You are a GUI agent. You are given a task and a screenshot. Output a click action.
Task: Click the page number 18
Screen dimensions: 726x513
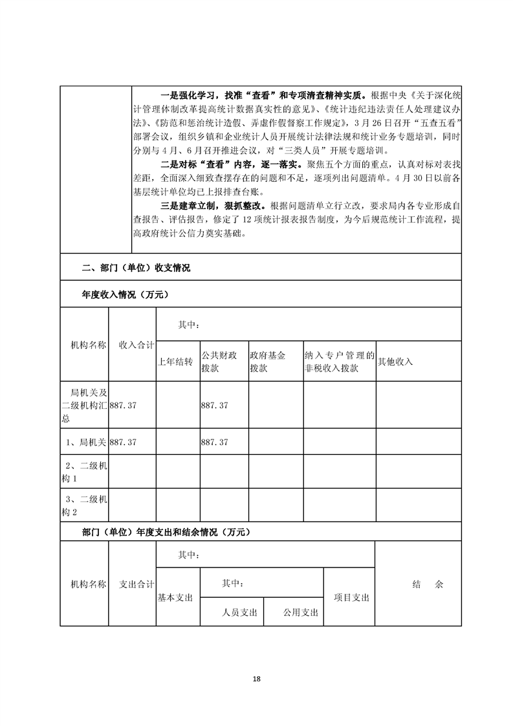point(257,679)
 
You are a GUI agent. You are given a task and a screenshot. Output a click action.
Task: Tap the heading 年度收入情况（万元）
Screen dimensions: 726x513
point(125,295)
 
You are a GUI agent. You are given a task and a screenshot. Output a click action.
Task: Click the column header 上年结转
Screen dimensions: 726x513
point(175,362)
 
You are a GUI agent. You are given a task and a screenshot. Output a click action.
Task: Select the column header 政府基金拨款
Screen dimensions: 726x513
point(268,362)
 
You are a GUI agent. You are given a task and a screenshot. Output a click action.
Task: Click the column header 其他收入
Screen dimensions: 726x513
point(395,362)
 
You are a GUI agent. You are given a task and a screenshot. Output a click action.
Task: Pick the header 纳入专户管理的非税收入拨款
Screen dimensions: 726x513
point(340,362)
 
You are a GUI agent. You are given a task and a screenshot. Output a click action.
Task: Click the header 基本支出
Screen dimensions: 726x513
point(175,598)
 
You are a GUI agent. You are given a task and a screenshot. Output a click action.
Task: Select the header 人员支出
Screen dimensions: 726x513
point(240,612)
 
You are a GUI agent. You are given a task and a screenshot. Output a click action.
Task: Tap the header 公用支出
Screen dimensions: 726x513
point(300,612)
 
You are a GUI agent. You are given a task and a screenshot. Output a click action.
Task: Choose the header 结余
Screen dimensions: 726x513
point(428,584)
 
